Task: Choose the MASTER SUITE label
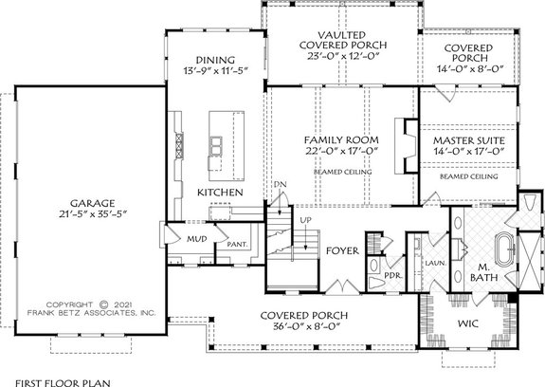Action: click(468, 142)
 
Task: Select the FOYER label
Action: click(341, 253)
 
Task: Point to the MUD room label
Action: click(197, 240)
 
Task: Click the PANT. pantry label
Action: click(236, 245)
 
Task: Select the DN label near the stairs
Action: click(279, 184)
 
